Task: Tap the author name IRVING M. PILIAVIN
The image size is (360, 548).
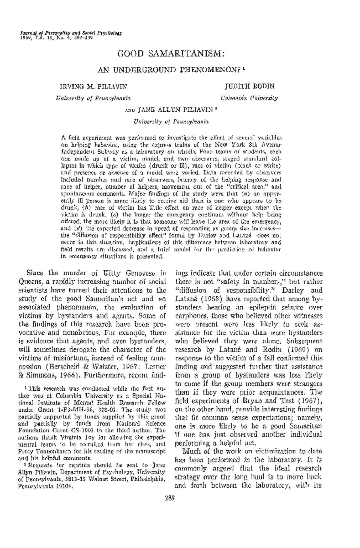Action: coord(94,86)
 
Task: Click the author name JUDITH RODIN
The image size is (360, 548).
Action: coord(250,86)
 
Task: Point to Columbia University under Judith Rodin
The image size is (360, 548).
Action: coord(249,98)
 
